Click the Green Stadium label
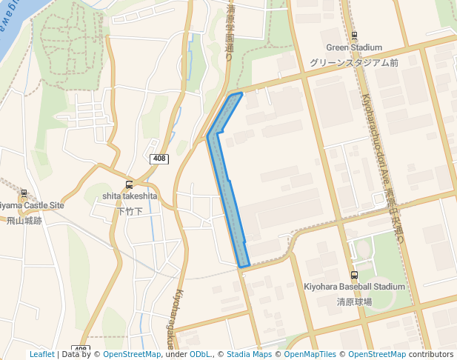coord(354,48)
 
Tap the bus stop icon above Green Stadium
coord(354,36)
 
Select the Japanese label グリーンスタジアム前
coord(354,63)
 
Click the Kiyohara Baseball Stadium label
coord(355,287)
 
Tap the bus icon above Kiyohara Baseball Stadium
coord(354,275)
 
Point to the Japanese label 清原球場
coord(354,301)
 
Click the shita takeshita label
coord(130,196)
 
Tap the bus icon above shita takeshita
coord(130,184)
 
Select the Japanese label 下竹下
coord(130,211)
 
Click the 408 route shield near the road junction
coord(159,159)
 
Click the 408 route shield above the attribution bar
coord(81,349)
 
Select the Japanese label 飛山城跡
coord(25,220)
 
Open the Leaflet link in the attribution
coord(41,355)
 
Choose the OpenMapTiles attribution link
coord(310,355)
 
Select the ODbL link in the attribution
coord(200,355)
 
